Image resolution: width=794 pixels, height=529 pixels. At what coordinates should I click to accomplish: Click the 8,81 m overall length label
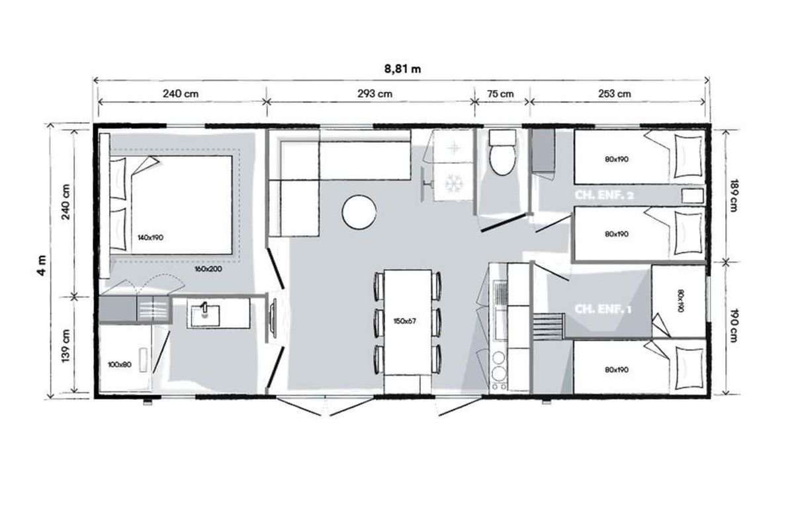(x=403, y=69)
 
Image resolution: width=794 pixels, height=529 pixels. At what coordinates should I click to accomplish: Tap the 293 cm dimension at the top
(x=375, y=94)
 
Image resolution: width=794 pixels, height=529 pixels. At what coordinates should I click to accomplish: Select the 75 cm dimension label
(x=500, y=94)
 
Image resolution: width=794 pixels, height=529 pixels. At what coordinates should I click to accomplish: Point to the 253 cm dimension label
(x=615, y=94)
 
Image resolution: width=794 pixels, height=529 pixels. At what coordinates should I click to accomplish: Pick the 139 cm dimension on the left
(x=66, y=346)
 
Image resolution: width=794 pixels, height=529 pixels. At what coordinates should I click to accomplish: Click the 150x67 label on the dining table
(x=404, y=321)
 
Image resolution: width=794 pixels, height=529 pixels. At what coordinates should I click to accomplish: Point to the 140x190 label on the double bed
(x=150, y=237)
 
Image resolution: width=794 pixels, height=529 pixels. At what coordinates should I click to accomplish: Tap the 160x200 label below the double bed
(x=208, y=269)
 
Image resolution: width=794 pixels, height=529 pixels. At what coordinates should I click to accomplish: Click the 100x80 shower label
(x=120, y=364)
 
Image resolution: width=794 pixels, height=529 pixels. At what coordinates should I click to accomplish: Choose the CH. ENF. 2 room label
(x=603, y=195)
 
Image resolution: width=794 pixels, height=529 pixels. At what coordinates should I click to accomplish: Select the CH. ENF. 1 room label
(x=603, y=309)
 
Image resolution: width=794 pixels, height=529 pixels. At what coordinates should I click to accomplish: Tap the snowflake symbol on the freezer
(x=452, y=183)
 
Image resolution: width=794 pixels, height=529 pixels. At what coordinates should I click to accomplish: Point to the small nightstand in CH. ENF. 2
(x=693, y=196)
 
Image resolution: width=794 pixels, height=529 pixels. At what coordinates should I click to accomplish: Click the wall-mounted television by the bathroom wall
(x=273, y=318)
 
